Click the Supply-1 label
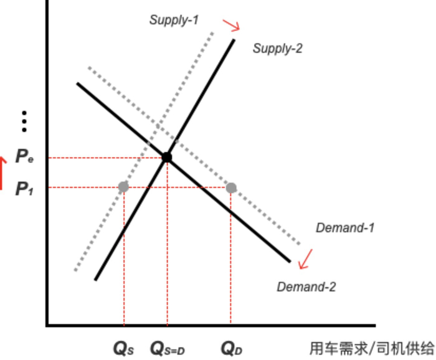(174, 20)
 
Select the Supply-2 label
(277, 48)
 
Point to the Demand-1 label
(345, 228)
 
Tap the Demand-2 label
(306, 287)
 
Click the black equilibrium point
(167, 157)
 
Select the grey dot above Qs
(123, 187)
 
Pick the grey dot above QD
(231, 187)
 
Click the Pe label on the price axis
(24, 157)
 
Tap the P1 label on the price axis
(24, 188)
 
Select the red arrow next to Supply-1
(232, 26)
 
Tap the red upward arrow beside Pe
(2, 173)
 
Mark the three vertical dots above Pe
(24, 121)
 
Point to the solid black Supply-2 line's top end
(234, 40)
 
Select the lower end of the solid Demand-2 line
(290, 261)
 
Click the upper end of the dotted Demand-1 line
(90, 67)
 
